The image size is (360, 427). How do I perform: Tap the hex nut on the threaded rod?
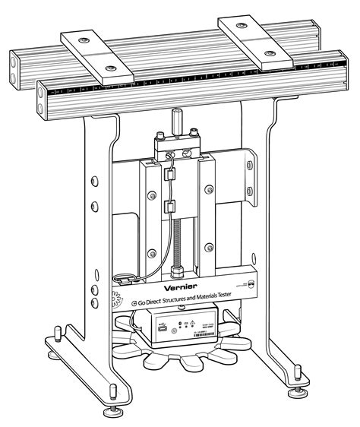click(180, 269)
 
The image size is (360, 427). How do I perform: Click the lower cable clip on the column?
click(169, 206)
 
